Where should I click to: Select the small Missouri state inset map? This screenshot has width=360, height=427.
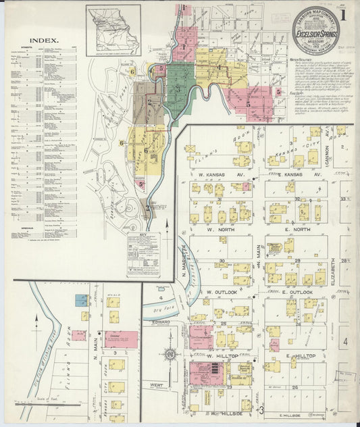[113, 30]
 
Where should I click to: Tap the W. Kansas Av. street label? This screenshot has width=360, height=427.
[217, 174]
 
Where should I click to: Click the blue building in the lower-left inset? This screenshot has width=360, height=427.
[81, 300]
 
